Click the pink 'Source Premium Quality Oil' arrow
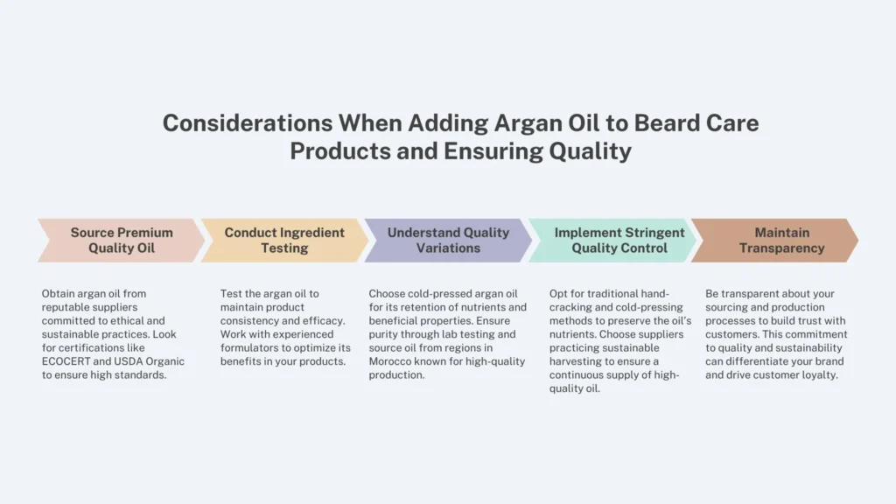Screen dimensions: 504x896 point(122,240)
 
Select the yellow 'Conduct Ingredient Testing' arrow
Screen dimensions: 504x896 point(284,240)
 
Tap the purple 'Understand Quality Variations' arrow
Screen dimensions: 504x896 point(448,240)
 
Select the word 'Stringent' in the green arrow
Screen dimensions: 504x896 point(654,233)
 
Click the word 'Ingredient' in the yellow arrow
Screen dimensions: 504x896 point(312,233)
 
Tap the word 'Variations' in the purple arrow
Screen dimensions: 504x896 point(448,248)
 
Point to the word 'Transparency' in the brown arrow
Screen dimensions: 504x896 point(781,248)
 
